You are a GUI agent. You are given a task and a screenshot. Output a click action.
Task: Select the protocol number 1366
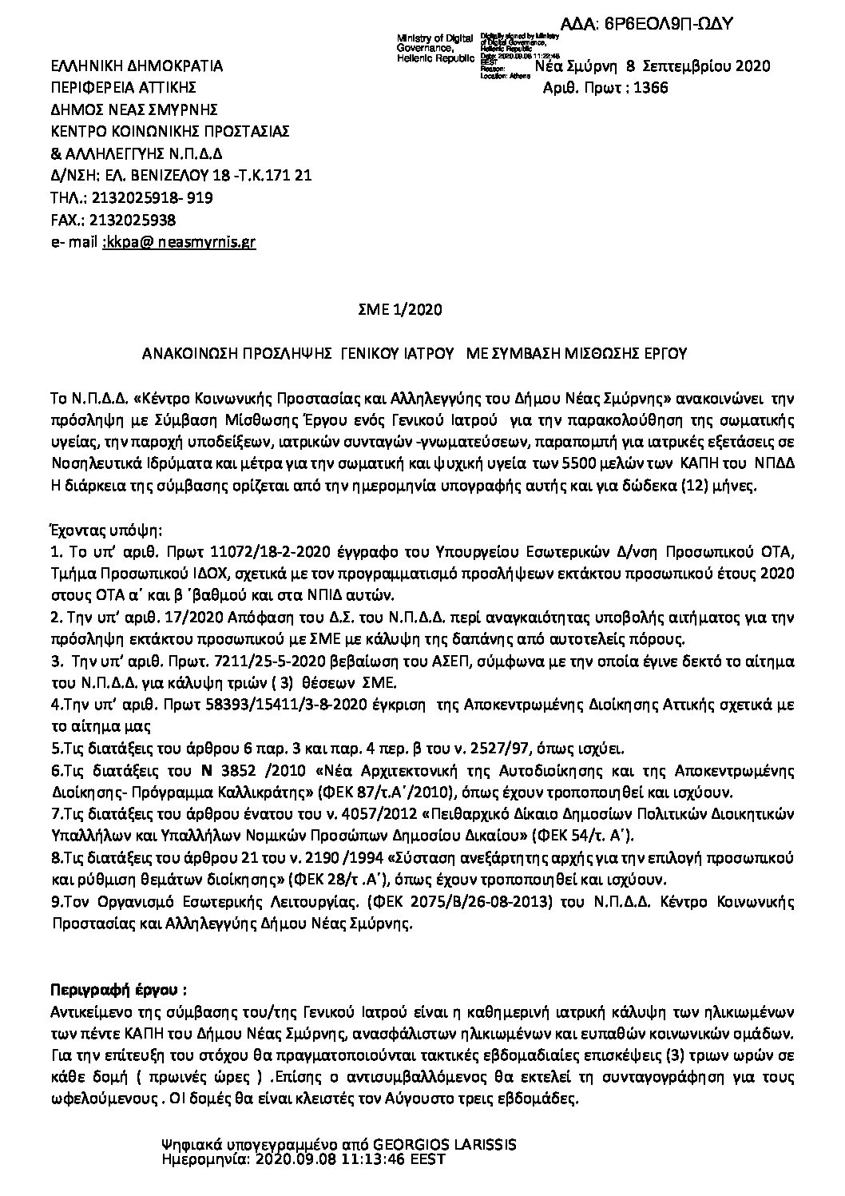(x=649, y=88)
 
